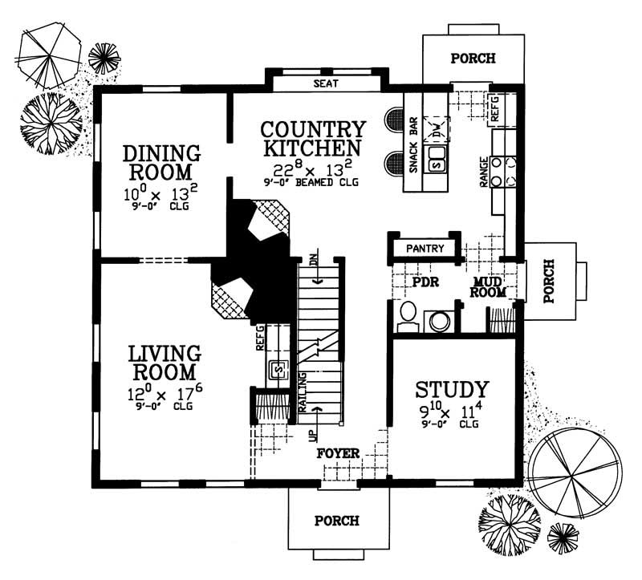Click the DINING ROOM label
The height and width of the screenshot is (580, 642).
coord(161,162)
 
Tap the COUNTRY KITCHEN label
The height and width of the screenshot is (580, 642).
coord(314,139)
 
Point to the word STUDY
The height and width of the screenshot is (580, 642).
coord(452,390)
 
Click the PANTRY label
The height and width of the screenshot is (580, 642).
coord(425,249)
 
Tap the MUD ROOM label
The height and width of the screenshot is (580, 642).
coord(489,286)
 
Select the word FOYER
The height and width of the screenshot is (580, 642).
coord(338,453)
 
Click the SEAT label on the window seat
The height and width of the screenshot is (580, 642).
coord(325,83)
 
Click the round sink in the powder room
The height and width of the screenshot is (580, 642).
coord(439,322)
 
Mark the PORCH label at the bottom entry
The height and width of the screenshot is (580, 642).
coord(337,521)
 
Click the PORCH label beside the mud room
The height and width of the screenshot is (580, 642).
coord(550,280)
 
